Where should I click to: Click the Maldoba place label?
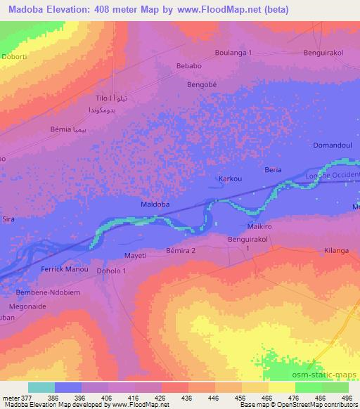(155, 204)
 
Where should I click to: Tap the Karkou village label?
(231, 179)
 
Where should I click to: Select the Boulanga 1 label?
(233, 53)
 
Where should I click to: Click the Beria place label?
(272, 171)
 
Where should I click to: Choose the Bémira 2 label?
(181, 250)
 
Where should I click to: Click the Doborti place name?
(13, 55)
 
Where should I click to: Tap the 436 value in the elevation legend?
(188, 397)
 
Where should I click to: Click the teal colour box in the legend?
(41, 387)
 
